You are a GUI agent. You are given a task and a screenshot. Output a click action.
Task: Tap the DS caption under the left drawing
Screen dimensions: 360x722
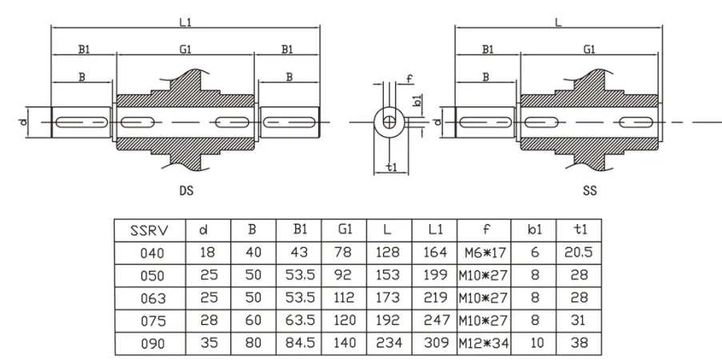[186, 192]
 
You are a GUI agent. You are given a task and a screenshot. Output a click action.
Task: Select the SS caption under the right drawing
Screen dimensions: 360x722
[589, 192]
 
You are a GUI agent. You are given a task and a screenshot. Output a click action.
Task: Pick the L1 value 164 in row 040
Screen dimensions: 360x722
[436, 254]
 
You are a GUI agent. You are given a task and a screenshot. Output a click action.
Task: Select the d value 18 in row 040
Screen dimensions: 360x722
[207, 254]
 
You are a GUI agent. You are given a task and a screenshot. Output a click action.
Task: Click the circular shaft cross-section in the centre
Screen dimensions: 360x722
[389, 122]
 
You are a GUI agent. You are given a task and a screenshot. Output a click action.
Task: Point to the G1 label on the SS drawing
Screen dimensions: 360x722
[589, 50]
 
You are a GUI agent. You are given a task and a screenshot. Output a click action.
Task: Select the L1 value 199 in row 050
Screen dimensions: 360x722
[436, 276]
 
